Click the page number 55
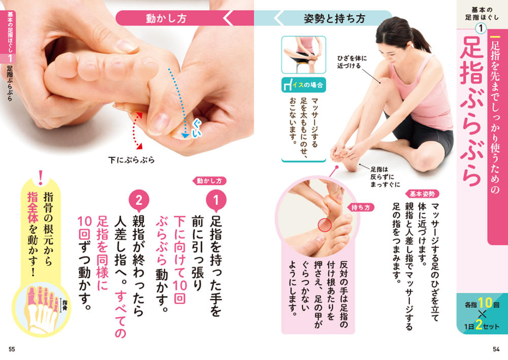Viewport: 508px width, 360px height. [12, 349]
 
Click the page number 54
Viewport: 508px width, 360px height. [496, 349]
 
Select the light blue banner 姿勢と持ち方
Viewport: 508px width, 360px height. [334, 18]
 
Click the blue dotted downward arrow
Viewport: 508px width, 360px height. [177, 103]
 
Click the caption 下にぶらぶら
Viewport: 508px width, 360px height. [131, 160]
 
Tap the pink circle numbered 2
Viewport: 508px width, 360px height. [139, 200]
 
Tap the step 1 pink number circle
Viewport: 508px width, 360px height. [216, 200]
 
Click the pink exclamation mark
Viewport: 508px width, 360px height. [41, 178]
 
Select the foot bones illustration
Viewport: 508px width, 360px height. [41, 309]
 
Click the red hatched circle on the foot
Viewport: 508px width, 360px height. [325, 225]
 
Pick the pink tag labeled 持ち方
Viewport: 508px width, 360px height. [361, 208]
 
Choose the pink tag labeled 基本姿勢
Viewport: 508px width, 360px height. [422, 194]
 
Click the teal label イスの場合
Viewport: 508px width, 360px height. [304, 85]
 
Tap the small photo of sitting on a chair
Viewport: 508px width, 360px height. [304, 55]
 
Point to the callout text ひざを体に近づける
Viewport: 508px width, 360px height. [352, 62]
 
